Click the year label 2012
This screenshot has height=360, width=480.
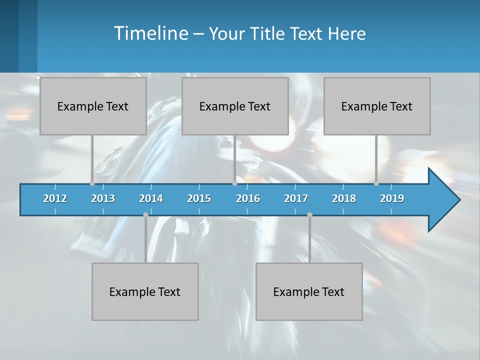tap(55, 198)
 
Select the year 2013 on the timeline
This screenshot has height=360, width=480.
tap(103, 198)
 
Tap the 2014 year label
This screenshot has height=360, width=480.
tap(151, 198)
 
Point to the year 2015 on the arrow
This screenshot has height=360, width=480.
tap(199, 198)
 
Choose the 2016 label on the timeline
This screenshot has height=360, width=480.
tap(248, 198)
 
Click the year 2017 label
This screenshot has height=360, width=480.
tap(296, 198)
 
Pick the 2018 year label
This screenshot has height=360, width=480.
tap(344, 198)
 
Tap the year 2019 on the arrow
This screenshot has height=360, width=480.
tap(392, 198)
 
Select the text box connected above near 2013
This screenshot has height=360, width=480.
tap(93, 106)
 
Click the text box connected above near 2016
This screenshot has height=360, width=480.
tap(235, 106)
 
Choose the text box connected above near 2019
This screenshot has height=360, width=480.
tap(377, 106)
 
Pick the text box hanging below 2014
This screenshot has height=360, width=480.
tap(145, 291)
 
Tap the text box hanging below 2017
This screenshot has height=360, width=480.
tap(309, 291)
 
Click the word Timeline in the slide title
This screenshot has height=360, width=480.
tap(150, 33)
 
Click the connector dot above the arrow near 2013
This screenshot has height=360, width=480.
tap(92, 183)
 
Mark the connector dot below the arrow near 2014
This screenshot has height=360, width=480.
tap(145, 215)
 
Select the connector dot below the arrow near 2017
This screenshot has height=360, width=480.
tap(309, 215)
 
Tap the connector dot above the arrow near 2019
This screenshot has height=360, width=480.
tap(376, 183)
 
